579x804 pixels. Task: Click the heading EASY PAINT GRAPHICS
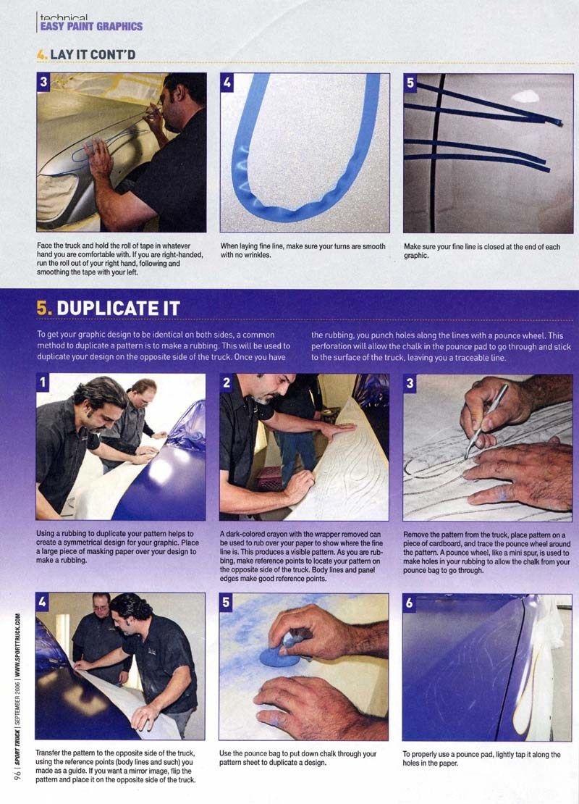(x=91, y=26)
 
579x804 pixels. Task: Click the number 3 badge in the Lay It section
(x=43, y=82)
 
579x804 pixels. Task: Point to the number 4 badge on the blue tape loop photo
(x=227, y=82)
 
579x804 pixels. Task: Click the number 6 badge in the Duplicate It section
(x=410, y=603)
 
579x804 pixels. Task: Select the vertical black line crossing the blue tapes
(x=436, y=153)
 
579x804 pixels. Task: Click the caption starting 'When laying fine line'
(x=303, y=250)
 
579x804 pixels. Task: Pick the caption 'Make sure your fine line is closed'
(x=481, y=251)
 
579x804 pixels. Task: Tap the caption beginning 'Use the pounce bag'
(x=297, y=758)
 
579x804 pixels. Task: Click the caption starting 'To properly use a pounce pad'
(x=481, y=759)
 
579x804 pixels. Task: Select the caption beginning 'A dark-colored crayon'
(x=301, y=556)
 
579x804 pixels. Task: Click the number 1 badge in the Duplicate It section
(x=43, y=382)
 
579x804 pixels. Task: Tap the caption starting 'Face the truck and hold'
(x=120, y=259)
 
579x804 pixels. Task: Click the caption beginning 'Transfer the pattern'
(x=115, y=766)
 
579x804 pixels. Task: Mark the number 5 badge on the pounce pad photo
(x=226, y=603)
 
